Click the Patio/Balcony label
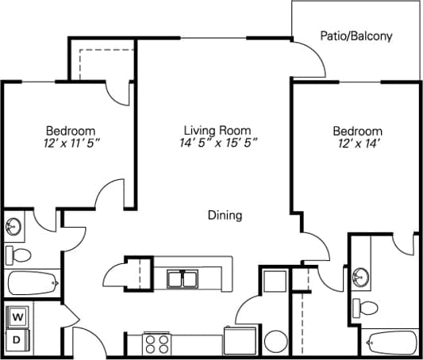(x=356, y=36)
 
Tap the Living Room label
(x=217, y=130)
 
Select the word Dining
(x=225, y=215)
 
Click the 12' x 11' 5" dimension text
(x=71, y=144)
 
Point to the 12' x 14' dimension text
(x=357, y=144)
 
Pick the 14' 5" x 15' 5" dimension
(x=217, y=144)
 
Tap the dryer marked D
(x=16, y=340)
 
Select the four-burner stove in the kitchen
(x=156, y=344)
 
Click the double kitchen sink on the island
(x=183, y=278)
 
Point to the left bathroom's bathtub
(x=33, y=281)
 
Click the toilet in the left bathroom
(x=18, y=255)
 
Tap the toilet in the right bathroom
(x=367, y=306)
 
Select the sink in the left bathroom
(x=13, y=227)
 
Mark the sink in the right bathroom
(x=361, y=278)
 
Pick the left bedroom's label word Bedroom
(x=71, y=130)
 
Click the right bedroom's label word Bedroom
(x=357, y=131)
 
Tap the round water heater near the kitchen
(x=275, y=342)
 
